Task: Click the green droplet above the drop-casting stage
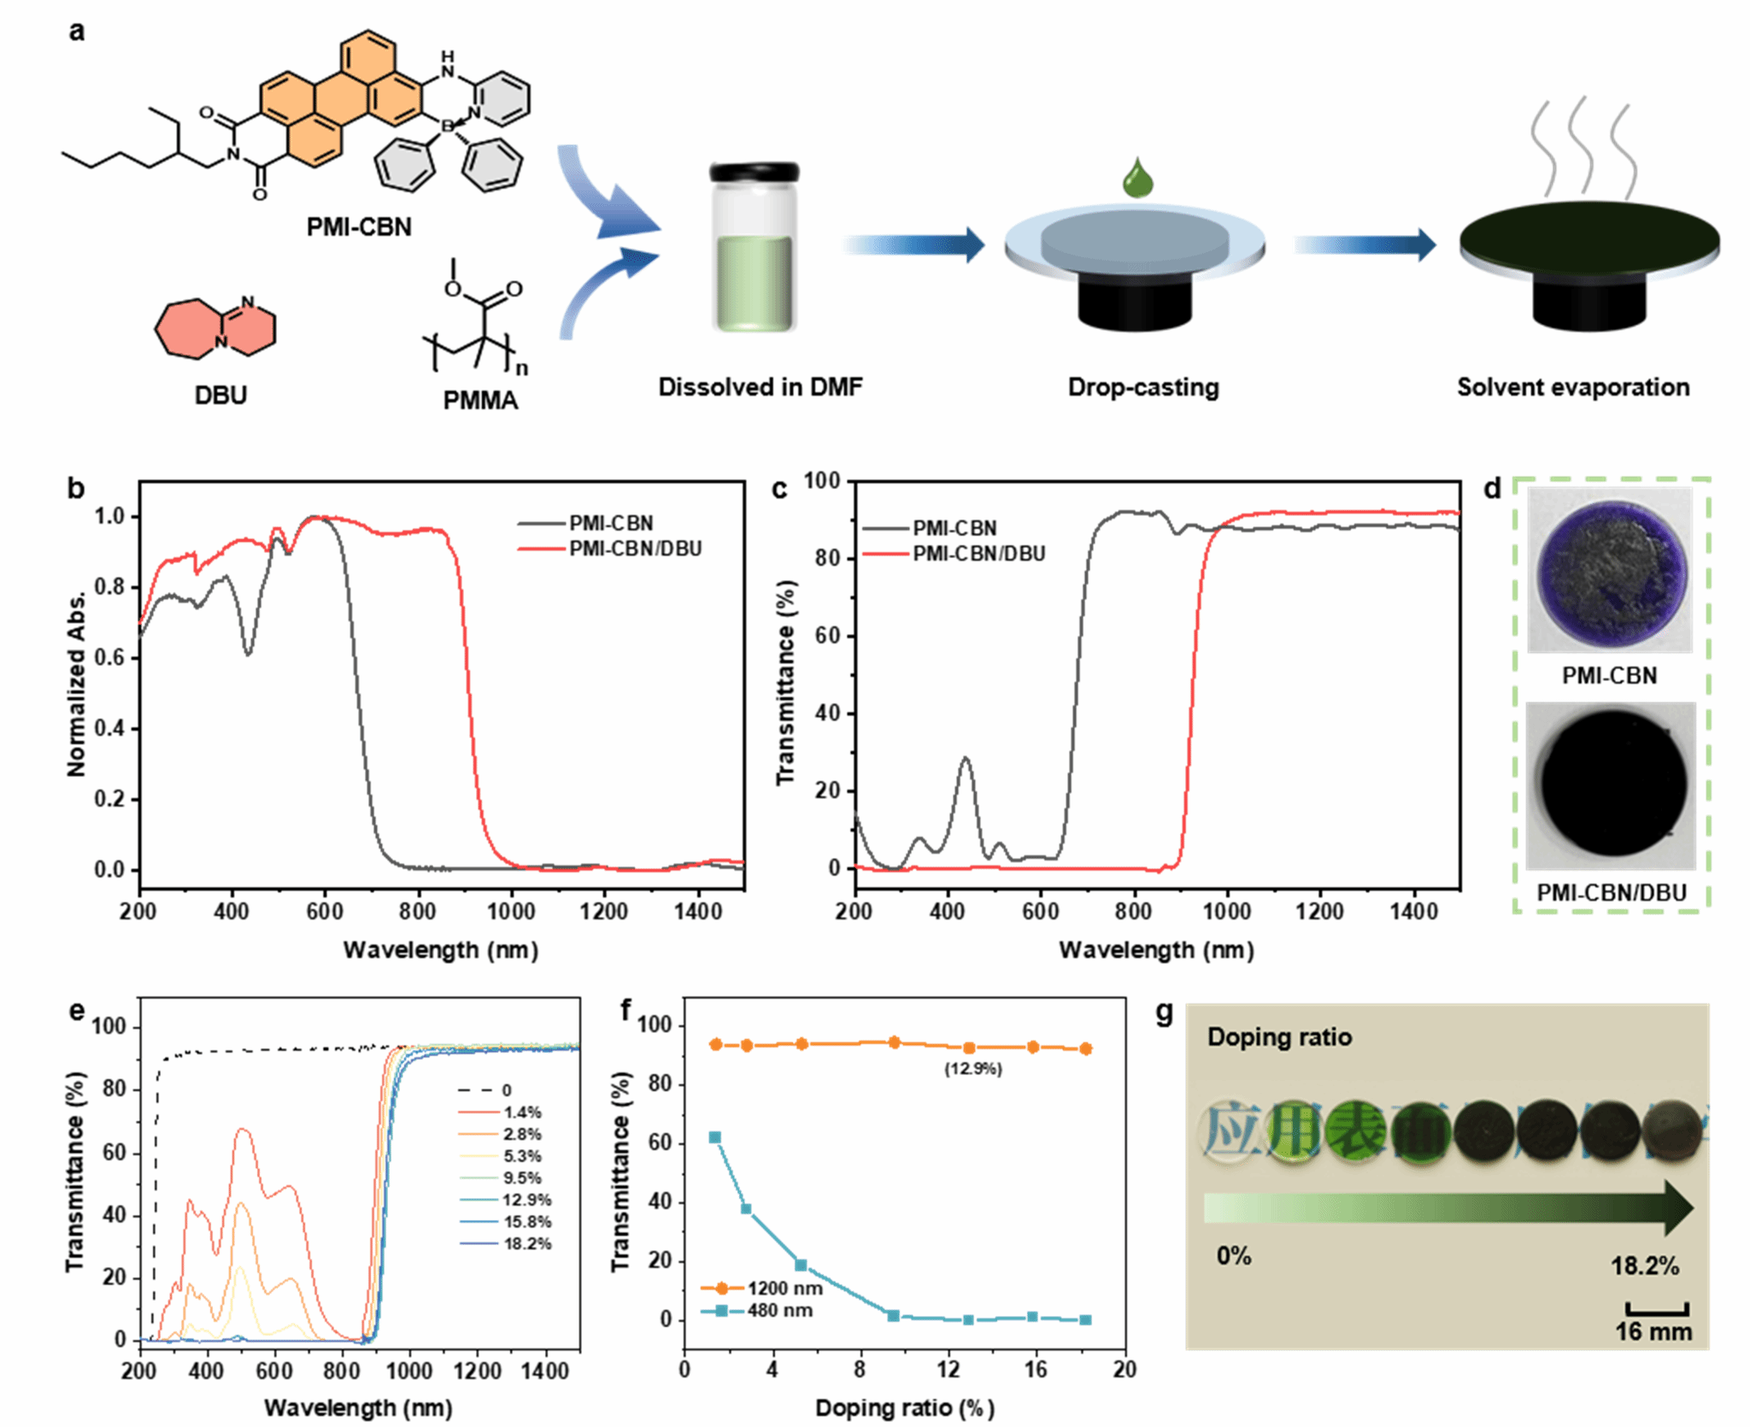click(x=1138, y=179)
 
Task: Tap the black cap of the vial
click(x=754, y=172)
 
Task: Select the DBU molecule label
click(x=220, y=396)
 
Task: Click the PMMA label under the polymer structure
click(x=480, y=400)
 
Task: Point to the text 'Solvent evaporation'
click(x=1573, y=387)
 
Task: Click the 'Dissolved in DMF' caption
click(x=760, y=387)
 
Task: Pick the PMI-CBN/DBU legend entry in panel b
click(x=635, y=549)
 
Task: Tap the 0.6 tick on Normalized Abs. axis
click(x=110, y=657)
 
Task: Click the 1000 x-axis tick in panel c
click(x=1226, y=912)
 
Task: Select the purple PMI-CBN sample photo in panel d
click(x=1610, y=570)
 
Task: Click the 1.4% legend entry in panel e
click(x=522, y=1113)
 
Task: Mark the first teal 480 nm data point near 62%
click(x=715, y=1137)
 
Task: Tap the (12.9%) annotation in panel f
click(x=972, y=1069)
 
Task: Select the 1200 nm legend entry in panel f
click(x=784, y=1288)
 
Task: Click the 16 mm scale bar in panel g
click(x=1657, y=1308)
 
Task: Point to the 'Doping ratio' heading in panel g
click(x=1279, y=1037)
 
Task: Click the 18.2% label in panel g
click(x=1645, y=1266)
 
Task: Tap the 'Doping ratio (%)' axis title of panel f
click(x=904, y=1407)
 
